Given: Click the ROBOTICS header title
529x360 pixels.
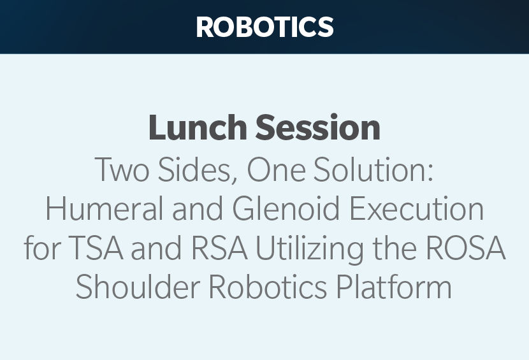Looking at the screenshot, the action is coord(265,27).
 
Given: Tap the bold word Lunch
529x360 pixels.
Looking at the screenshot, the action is coord(198,127).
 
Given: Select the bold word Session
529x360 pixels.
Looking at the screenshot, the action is coord(318,127).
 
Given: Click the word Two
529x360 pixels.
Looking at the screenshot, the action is coord(122,169).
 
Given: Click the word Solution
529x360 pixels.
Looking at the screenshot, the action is coord(370,169).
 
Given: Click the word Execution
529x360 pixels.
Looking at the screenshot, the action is coord(416,208).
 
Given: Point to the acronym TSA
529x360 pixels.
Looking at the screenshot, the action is coord(96,248).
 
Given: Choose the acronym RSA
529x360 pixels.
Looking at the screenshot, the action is coord(219,248).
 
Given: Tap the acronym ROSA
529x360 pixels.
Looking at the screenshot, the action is coord(466,248).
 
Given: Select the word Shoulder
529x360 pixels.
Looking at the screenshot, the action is coord(138,287).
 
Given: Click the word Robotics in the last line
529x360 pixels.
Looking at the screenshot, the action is coord(268,287).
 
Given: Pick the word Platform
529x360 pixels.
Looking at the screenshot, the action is coord(394,287).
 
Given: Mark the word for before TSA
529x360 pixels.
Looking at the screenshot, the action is coord(42,247).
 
